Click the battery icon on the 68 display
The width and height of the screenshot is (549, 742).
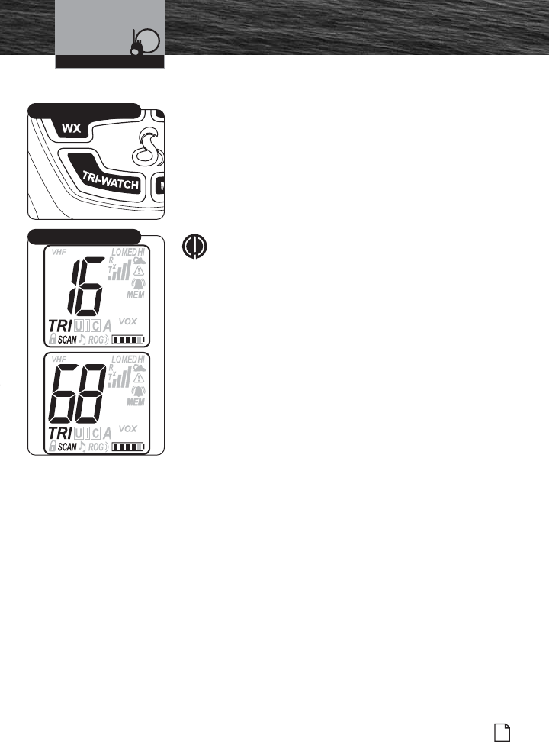tap(127, 447)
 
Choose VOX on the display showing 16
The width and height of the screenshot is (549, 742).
tap(128, 321)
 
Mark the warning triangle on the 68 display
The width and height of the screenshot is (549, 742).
tap(139, 377)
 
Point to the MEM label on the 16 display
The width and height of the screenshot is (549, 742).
tap(135, 294)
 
